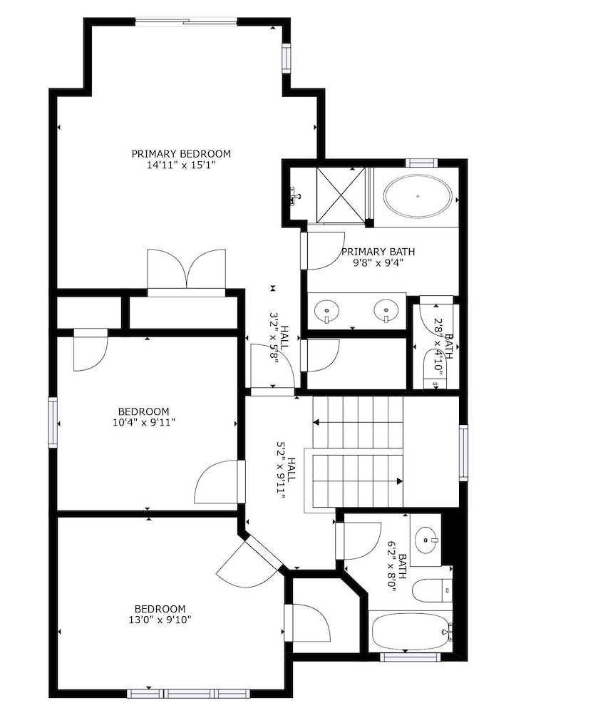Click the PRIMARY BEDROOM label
click(181, 154)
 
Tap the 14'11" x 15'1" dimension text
click(180, 165)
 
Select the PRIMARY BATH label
click(378, 252)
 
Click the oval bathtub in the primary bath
click(418, 197)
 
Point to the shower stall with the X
click(341, 195)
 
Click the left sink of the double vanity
click(326, 310)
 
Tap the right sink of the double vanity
click(386, 310)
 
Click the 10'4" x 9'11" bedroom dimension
click(144, 422)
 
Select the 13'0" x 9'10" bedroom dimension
click(160, 620)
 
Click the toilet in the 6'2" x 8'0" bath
click(433, 590)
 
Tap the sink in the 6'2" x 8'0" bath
click(426, 540)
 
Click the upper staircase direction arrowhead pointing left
click(316, 422)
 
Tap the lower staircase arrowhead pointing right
click(400, 481)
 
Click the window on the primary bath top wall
click(421, 163)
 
